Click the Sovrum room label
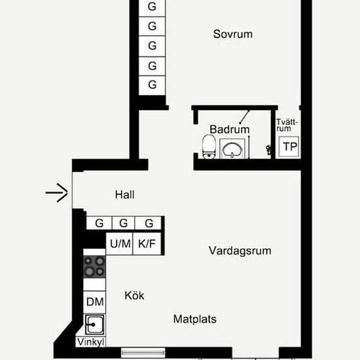click(x=233, y=34)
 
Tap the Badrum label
click(x=229, y=130)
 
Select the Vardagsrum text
click(x=240, y=251)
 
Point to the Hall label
click(x=124, y=194)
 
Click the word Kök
click(x=134, y=295)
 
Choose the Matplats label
click(x=194, y=319)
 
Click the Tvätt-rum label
click(x=287, y=126)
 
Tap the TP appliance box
click(x=289, y=147)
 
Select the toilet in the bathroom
click(x=209, y=147)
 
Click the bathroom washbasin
click(x=232, y=149)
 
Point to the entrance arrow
click(x=56, y=192)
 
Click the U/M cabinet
click(x=119, y=243)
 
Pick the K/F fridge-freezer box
click(x=147, y=243)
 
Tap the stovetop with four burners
click(x=94, y=266)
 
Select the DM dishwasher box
click(x=94, y=302)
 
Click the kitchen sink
click(x=95, y=325)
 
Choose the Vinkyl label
click(x=91, y=342)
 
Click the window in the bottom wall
click(x=143, y=353)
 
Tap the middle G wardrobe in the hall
click(x=123, y=223)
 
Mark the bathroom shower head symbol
click(x=244, y=117)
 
